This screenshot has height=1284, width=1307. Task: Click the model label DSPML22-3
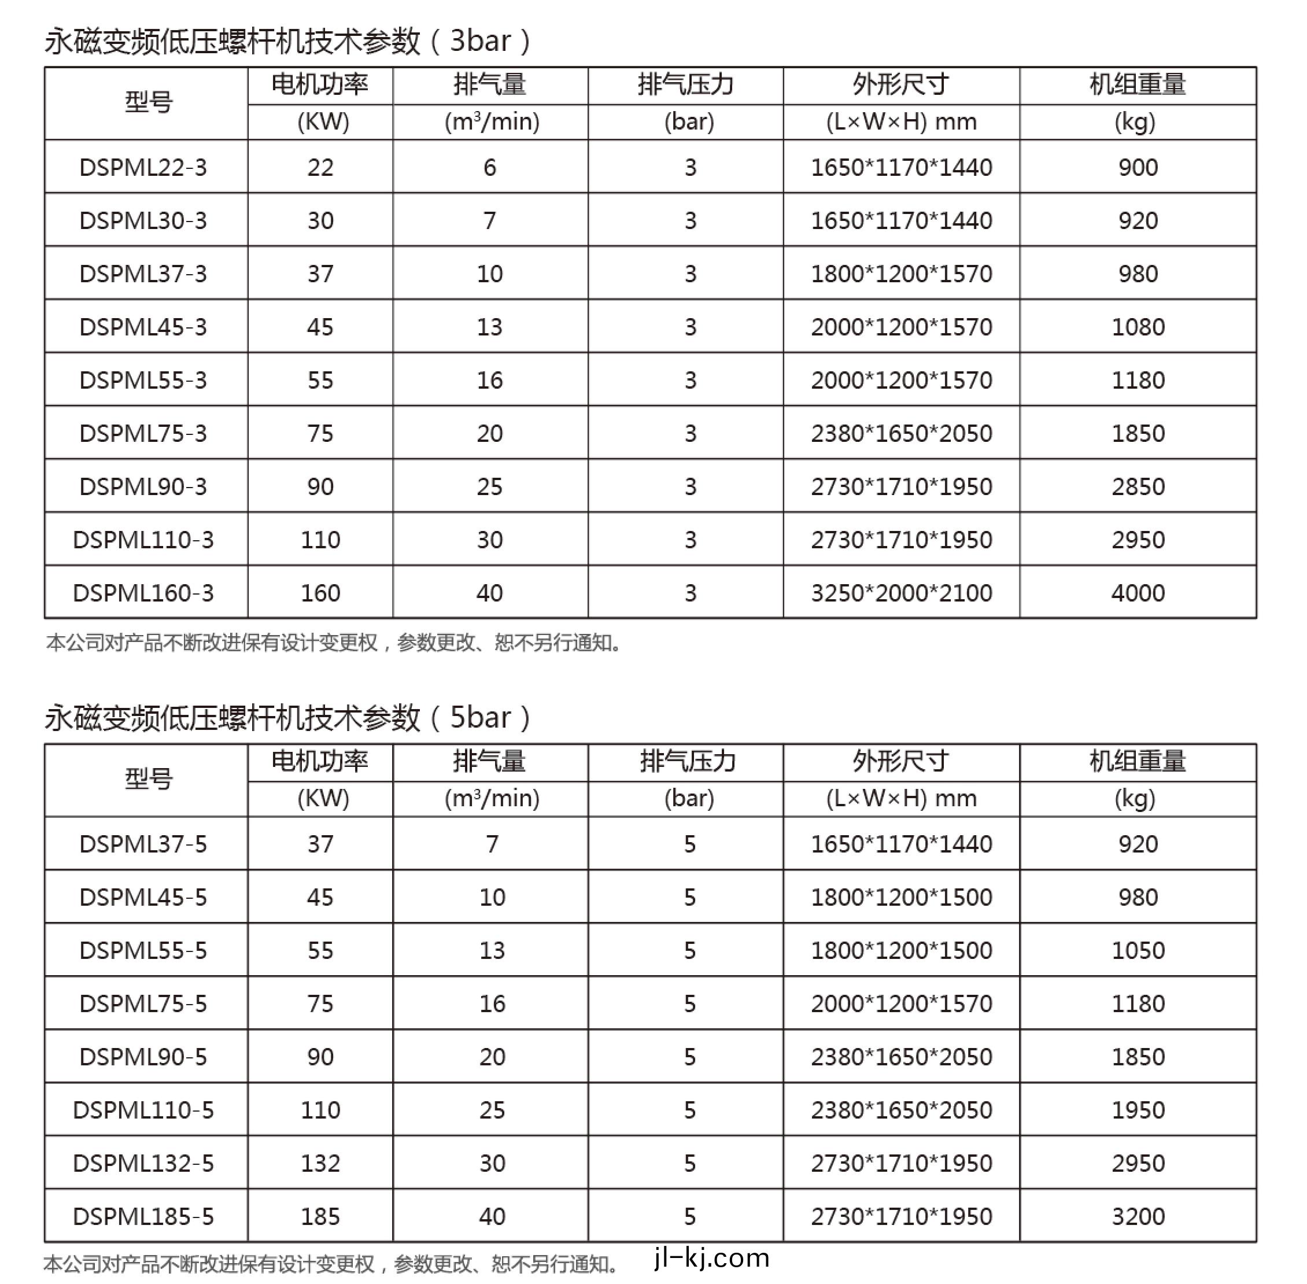143,167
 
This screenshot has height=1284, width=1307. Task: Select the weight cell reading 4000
1138,593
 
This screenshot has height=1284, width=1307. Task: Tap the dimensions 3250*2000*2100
901,593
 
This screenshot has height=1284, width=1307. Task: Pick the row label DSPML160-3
143,593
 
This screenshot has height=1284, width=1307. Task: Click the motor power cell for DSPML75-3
320,433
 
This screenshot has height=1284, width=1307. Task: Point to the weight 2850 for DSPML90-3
1138,486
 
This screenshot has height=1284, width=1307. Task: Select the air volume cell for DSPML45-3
490,327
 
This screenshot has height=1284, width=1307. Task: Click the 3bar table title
288,41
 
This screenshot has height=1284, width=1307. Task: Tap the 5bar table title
288,718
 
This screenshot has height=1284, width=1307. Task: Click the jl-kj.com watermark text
711,1259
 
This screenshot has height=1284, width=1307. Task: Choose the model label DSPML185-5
143,1216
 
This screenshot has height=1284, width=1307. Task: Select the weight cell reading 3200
1138,1216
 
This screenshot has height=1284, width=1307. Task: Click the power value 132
320,1163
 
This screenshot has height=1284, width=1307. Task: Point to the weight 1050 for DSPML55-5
1138,950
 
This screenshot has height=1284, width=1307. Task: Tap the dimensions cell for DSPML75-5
901,1003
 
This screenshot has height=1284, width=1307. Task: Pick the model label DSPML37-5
143,844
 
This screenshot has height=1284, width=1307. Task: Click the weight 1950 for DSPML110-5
1138,1110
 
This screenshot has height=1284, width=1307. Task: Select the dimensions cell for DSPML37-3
901,274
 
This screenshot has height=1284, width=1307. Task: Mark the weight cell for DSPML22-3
1138,167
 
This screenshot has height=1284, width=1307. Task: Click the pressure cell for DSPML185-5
689,1216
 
